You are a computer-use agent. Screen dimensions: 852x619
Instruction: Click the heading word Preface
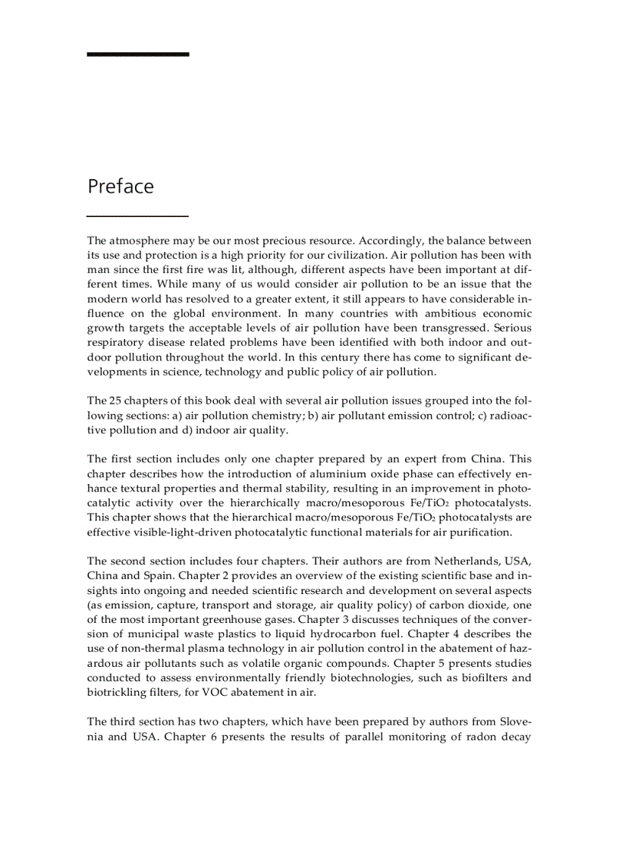click(x=120, y=187)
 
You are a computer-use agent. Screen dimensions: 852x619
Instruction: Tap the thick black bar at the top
click(x=137, y=55)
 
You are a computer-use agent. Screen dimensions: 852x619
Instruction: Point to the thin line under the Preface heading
click(x=137, y=216)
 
